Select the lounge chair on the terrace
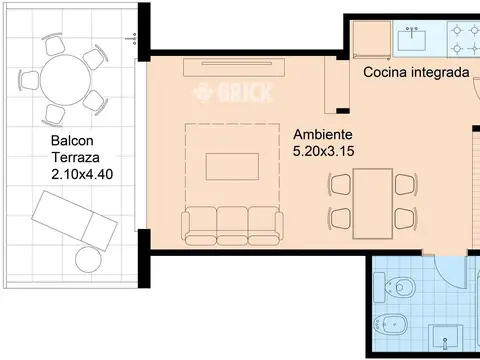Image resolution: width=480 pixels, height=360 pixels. tap(75, 220)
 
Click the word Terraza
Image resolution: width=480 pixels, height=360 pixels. tap(75, 157)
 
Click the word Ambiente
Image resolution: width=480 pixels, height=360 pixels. tap(322, 134)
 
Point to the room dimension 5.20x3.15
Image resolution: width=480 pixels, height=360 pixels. tap(325, 151)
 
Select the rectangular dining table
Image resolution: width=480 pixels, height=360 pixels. tap(373, 198)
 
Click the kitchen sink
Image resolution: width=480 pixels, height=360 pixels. tap(411, 40)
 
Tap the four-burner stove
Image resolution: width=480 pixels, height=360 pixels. tap(463, 40)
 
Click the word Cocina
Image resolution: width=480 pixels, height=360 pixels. tap(384, 72)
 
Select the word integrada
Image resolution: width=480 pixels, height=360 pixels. tap(440, 72)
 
